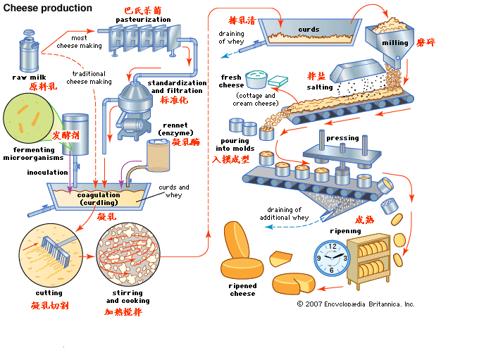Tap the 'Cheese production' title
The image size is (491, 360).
tap(48, 8)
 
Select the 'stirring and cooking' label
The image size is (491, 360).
tap(128, 297)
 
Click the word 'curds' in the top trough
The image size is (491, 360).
tap(308, 30)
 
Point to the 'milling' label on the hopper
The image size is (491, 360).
tap(394, 43)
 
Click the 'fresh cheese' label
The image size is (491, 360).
tap(232, 81)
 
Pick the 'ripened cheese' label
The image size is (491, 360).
tap(242, 289)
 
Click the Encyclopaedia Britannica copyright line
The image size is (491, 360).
tap(356, 304)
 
